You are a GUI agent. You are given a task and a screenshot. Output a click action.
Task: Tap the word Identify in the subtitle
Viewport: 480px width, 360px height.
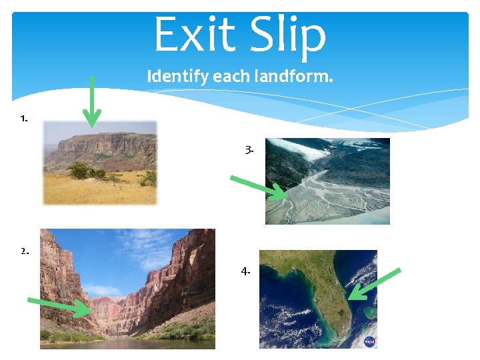pyautogui.click(x=177, y=77)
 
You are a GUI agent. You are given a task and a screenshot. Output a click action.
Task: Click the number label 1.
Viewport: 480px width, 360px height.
pyautogui.click(x=24, y=119)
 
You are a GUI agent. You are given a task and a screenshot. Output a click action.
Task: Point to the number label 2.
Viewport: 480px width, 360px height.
pyautogui.click(x=24, y=251)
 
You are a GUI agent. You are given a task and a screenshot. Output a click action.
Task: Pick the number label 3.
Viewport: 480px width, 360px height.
pyautogui.click(x=249, y=151)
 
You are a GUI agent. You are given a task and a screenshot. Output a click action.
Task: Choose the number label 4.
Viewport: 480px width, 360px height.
pyautogui.click(x=246, y=271)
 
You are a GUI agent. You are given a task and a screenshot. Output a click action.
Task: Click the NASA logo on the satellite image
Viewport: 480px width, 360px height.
pyautogui.click(x=369, y=341)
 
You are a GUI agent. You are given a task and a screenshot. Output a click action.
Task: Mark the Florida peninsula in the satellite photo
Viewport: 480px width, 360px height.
pyautogui.click(x=333, y=293)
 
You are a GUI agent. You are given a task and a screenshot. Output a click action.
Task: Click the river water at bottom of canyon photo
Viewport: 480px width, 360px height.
pyautogui.click(x=127, y=343)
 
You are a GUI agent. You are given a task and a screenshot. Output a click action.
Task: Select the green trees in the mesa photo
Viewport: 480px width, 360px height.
pyautogui.click(x=83, y=172)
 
